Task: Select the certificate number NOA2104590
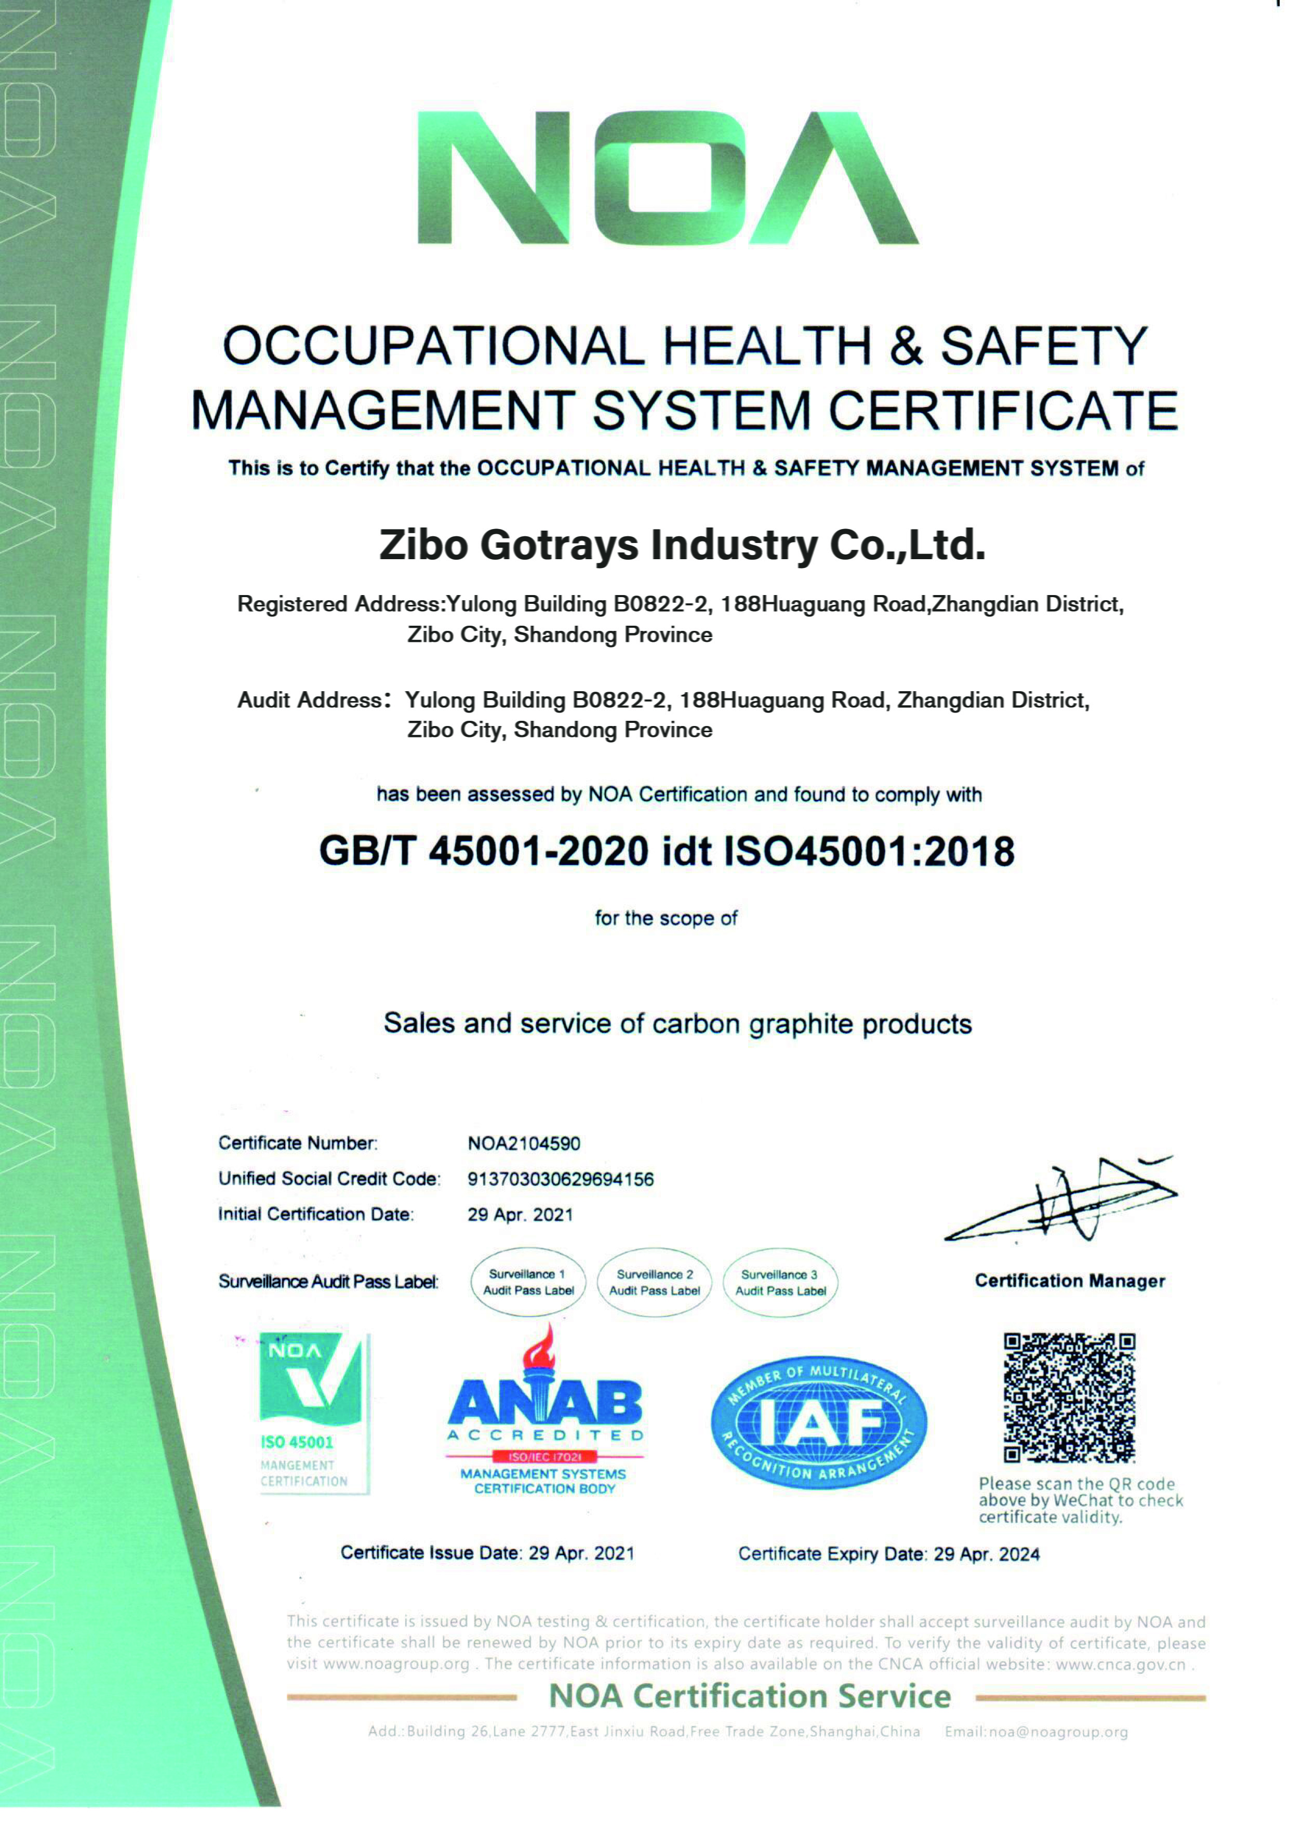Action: click(x=524, y=1143)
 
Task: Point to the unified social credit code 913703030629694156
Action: click(x=561, y=1179)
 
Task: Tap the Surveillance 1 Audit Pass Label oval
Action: click(x=528, y=1282)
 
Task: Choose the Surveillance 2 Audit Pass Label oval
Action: click(x=655, y=1282)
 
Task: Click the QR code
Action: click(x=1069, y=1398)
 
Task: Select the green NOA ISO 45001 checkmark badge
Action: click(x=313, y=1413)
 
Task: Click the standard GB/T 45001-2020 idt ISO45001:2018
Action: click(x=667, y=851)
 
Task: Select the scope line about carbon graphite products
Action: click(x=677, y=1024)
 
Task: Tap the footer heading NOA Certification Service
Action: click(x=749, y=1697)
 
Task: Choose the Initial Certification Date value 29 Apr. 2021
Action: click(x=520, y=1214)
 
